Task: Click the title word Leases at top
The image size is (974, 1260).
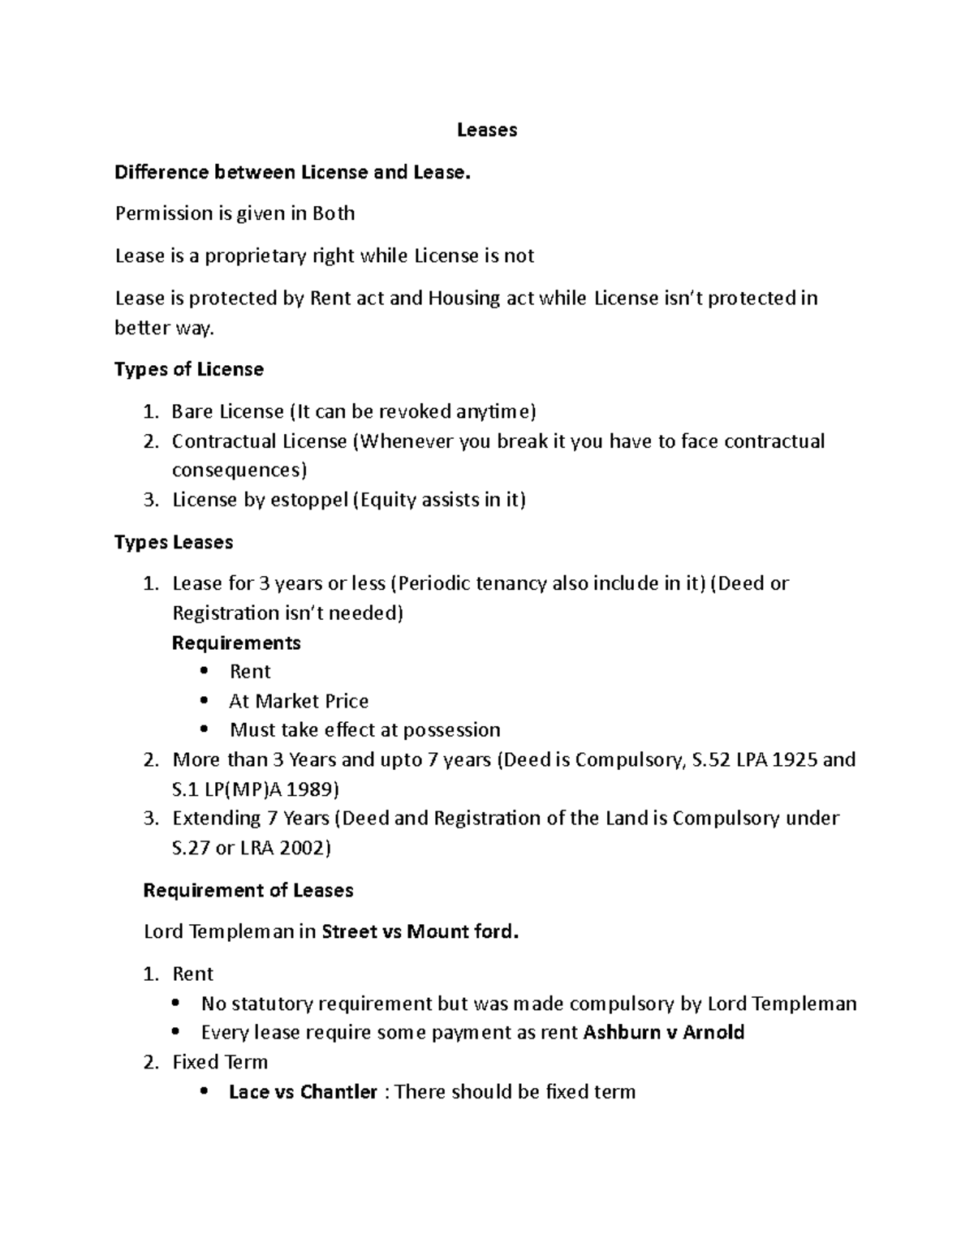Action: (x=486, y=130)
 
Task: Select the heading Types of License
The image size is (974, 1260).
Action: (x=189, y=370)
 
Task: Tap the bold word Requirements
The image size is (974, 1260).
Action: (x=236, y=643)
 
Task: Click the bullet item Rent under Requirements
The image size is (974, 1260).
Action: (x=250, y=672)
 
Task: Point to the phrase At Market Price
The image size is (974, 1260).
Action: (x=299, y=701)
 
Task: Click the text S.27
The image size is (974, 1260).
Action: (x=191, y=848)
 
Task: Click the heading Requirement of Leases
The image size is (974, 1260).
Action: (x=248, y=890)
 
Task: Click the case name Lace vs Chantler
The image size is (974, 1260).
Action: (x=303, y=1092)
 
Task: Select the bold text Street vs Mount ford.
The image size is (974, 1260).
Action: (x=420, y=931)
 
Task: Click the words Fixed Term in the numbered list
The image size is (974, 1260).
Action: (x=220, y=1062)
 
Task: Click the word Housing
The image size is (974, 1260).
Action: (x=464, y=299)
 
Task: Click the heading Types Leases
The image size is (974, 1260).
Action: (x=174, y=542)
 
